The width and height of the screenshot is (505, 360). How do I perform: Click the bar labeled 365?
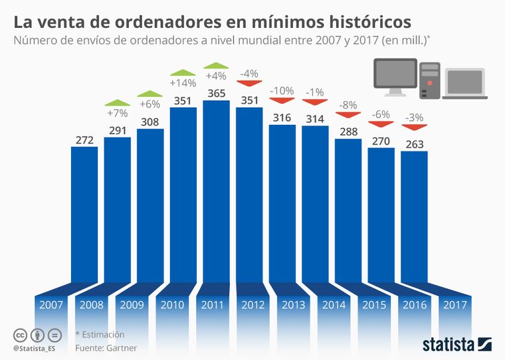point(216,193)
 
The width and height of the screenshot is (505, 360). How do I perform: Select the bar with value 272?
point(84,213)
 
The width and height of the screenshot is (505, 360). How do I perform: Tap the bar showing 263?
point(413,216)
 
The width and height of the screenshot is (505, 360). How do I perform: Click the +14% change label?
point(183,83)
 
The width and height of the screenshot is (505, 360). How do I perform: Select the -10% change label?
point(282,90)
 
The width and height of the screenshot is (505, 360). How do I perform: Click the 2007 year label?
point(51,306)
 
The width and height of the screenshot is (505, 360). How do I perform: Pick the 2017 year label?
point(454,306)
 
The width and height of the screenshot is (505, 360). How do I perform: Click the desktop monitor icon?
point(395,77)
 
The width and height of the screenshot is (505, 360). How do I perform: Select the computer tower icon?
point(430,80)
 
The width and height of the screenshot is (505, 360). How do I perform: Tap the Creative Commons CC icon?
point(21,334)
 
